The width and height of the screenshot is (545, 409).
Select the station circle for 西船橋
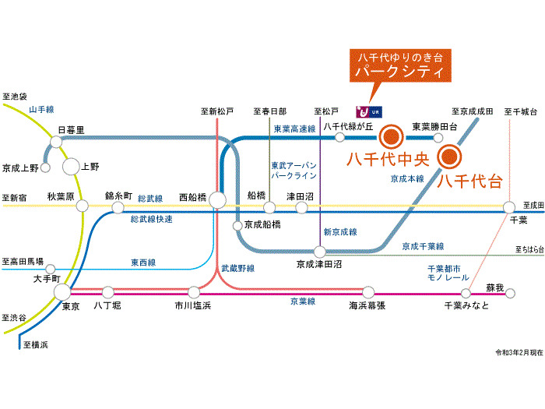click(x=217, y=201)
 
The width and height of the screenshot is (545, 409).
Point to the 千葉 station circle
click(x=508, y=207)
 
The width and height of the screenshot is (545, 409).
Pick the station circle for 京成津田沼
click(x=319, y=251)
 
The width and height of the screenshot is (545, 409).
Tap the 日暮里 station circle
click(x=56, y=142)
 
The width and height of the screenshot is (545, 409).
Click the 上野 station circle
click(x=71, y=166)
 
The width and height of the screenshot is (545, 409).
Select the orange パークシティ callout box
click(x=399, y=67)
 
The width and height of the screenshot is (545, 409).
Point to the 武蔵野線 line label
click(x=237, y=268)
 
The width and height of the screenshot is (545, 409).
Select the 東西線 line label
click(x=142, y=263)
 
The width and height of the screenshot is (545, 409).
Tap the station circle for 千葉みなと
click(x=466, y=294)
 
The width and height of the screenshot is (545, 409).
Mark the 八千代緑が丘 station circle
click(x=339, y=137)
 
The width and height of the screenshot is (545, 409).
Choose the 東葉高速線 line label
click(x=294, y=129)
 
